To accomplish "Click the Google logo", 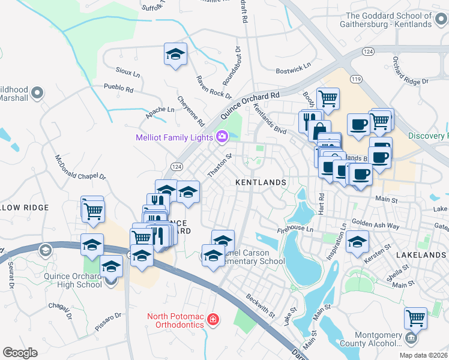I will [20, 353].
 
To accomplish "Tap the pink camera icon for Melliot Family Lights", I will [222, 137].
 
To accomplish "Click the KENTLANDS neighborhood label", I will [260, 181].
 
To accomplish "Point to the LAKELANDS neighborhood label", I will [421, 255].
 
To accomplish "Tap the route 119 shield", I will [357, 79].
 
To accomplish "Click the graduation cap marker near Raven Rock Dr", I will [175, 55].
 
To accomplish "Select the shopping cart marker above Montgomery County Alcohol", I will [415, 317].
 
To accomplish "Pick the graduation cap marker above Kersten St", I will [357, 242].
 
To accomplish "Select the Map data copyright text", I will [423, 355].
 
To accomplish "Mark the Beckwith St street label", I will [260, 305].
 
